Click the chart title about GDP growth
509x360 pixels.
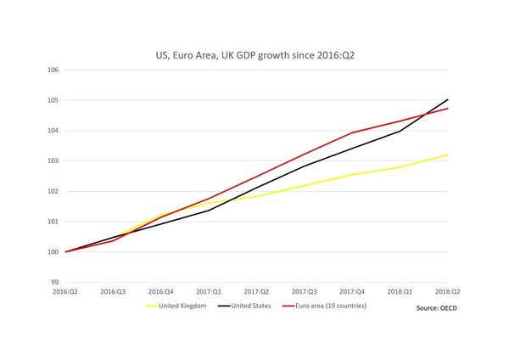pyautogui.click(x=255, y=54)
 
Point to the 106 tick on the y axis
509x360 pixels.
pyautogui.click(x=53, y=70)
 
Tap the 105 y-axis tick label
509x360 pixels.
pyautogui.click(x=53, y=100)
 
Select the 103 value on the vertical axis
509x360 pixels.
pyautogui.click(x=53, y=160)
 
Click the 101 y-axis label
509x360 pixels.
pyautogui.click(x=53, y=222)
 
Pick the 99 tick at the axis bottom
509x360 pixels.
pyautogui.click(x=53, y=282)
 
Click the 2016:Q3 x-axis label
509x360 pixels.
pyautogui.click(x=113, y=291)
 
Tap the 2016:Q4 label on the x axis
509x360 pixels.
pyautogui.click(x=160, y=291)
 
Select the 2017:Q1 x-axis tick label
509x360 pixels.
pyautogui.click(x=209, y=291)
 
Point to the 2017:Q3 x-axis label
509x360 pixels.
pyautogui.click(x=304, y=291)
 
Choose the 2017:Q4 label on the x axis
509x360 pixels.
pyautogui.click(x=352, y=291)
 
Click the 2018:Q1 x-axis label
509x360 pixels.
pyautogui.click(x=400, y=291)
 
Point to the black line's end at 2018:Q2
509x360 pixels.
pyautogui.click(x=448, y=99)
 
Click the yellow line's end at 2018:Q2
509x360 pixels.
pyautogui.click(x=448, y=155)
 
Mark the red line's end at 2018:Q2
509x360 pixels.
pyautogui.click(x=448, y=109)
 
